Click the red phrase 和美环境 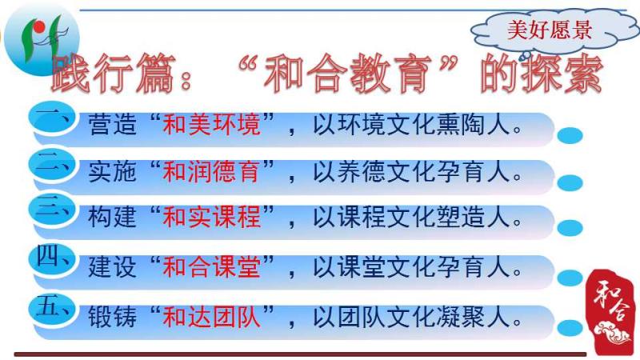211,125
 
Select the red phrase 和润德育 211,171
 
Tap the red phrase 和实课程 211,217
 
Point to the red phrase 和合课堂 211,267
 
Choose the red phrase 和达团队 211,317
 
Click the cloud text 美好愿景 550,30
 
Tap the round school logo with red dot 42,39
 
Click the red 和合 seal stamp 611,312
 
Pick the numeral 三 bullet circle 52,210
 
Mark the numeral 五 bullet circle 52,309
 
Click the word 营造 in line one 112,125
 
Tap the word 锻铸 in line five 112,317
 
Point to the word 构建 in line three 112,217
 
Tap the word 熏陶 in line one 461,125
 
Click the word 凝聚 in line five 461,317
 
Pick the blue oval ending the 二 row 570,183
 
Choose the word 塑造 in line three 461,217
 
